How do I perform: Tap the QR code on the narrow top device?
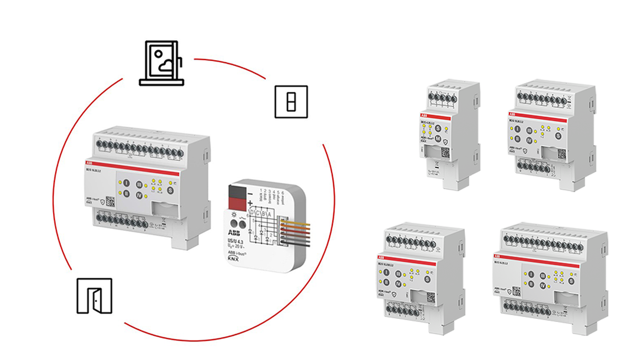[446, 152]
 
